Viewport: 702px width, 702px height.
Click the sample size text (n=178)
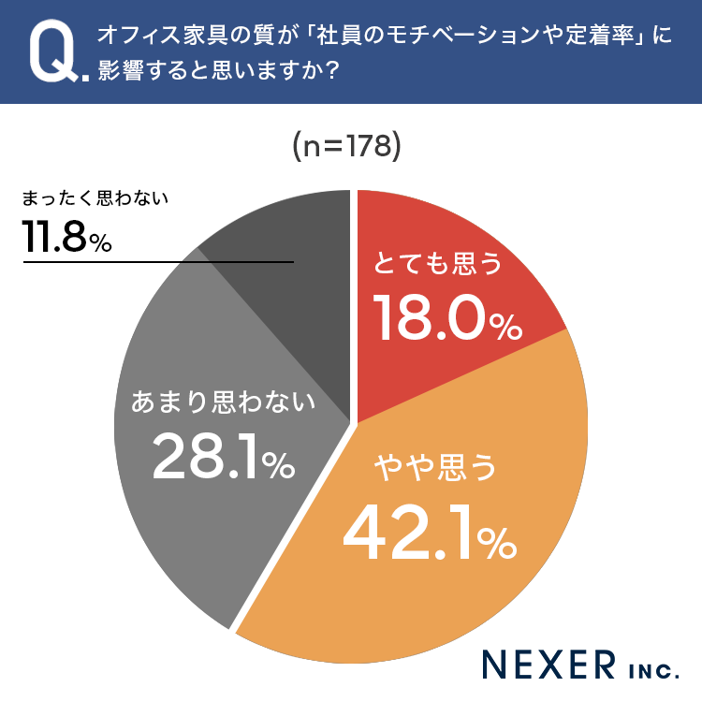(347, 146)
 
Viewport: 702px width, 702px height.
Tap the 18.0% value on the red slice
(447, 317)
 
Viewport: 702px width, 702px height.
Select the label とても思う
(438, 263)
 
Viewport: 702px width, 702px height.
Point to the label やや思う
(435, 467)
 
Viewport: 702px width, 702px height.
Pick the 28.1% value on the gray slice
(224, 457)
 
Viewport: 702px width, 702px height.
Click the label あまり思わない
(223, 402)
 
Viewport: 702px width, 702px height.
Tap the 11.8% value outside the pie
(67, 237)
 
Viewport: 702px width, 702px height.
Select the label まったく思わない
(95, 197)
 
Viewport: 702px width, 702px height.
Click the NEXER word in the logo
(548, 665)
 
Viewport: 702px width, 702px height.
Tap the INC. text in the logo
(653, 671)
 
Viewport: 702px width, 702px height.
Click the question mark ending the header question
(331, 71)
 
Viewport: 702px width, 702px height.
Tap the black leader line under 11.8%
(158, 262)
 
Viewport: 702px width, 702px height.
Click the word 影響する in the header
(143, 71)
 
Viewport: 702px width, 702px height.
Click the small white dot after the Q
(85, 78)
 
